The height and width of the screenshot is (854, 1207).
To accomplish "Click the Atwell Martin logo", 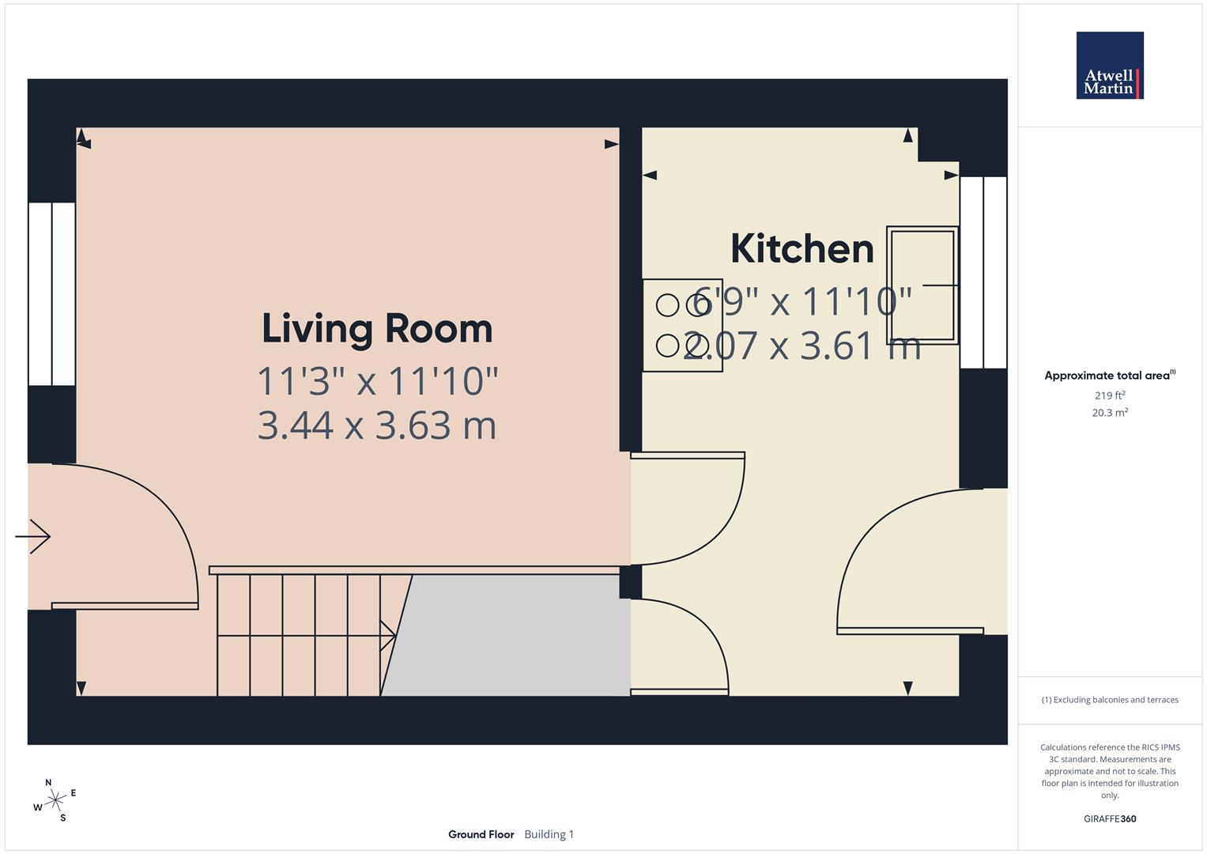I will (x=1110, y=66).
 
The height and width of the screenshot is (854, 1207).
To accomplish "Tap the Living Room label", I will (x=377, y=328).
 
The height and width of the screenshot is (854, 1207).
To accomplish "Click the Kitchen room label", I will (x=802, y=248).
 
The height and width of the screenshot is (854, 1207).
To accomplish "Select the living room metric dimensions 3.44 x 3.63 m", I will (x=377, y=425).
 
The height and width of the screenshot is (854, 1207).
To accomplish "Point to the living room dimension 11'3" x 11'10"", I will (x=377, y=381).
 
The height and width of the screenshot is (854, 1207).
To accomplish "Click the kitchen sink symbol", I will (x=922, y=285).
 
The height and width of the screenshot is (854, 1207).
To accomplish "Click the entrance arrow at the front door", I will (x=33, y=537).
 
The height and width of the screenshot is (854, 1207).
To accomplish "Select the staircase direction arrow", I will (x=387, y=635).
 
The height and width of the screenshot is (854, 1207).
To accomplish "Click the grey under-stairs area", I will (x=514, y=637).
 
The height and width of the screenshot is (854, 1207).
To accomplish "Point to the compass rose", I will (x=55, y=801).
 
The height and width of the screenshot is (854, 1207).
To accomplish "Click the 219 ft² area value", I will (x=1109, y=395).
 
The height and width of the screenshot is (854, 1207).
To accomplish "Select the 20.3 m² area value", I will (x=1109, y=413).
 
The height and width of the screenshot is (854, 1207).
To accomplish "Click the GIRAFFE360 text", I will (x=1109, y=818).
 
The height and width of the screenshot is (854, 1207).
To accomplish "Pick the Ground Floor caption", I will (x=481, y=834).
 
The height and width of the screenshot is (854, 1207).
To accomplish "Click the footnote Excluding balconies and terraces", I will (x=1109, y=700).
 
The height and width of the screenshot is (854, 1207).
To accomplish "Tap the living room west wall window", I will (x=52, y=294).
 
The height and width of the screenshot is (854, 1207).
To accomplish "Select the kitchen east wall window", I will (x=983, y=273).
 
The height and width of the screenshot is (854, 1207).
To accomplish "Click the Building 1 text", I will (x=549, y=834).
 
